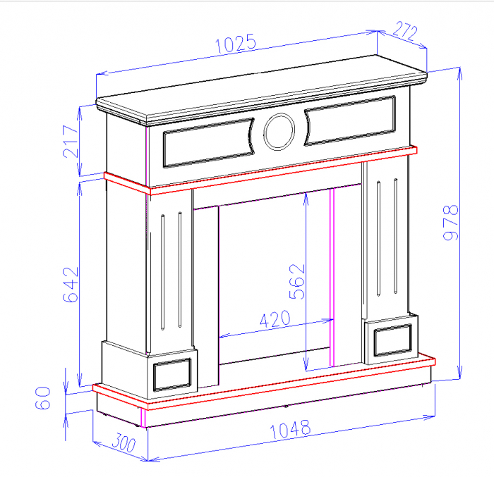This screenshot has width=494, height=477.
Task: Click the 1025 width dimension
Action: [x=235, y=44]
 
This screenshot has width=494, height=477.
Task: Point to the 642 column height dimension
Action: [x=71, y=284]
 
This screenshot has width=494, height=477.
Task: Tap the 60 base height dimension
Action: [x=44, y=398]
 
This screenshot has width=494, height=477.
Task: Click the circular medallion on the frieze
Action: [x=279, y=131]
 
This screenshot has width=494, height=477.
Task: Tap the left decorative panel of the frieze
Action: [x=207, y=142]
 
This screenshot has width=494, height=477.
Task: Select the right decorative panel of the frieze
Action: [x=350, y=120]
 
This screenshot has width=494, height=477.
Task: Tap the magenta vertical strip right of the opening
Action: [x=332, y=278]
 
